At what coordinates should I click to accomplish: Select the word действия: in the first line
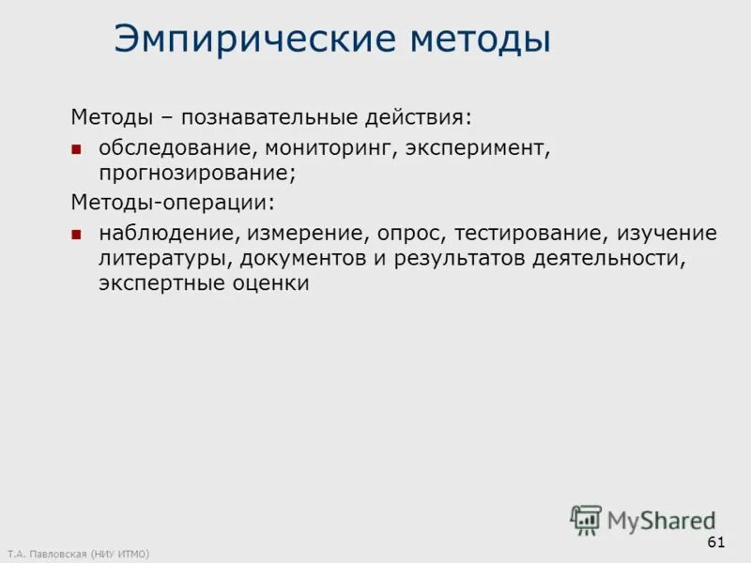[x=419, y=119]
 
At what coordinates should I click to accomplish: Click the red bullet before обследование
[x=78, y=149]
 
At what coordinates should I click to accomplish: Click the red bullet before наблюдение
[x=78, y=234]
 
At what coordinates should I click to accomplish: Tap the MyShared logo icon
[x=586, y=519]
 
